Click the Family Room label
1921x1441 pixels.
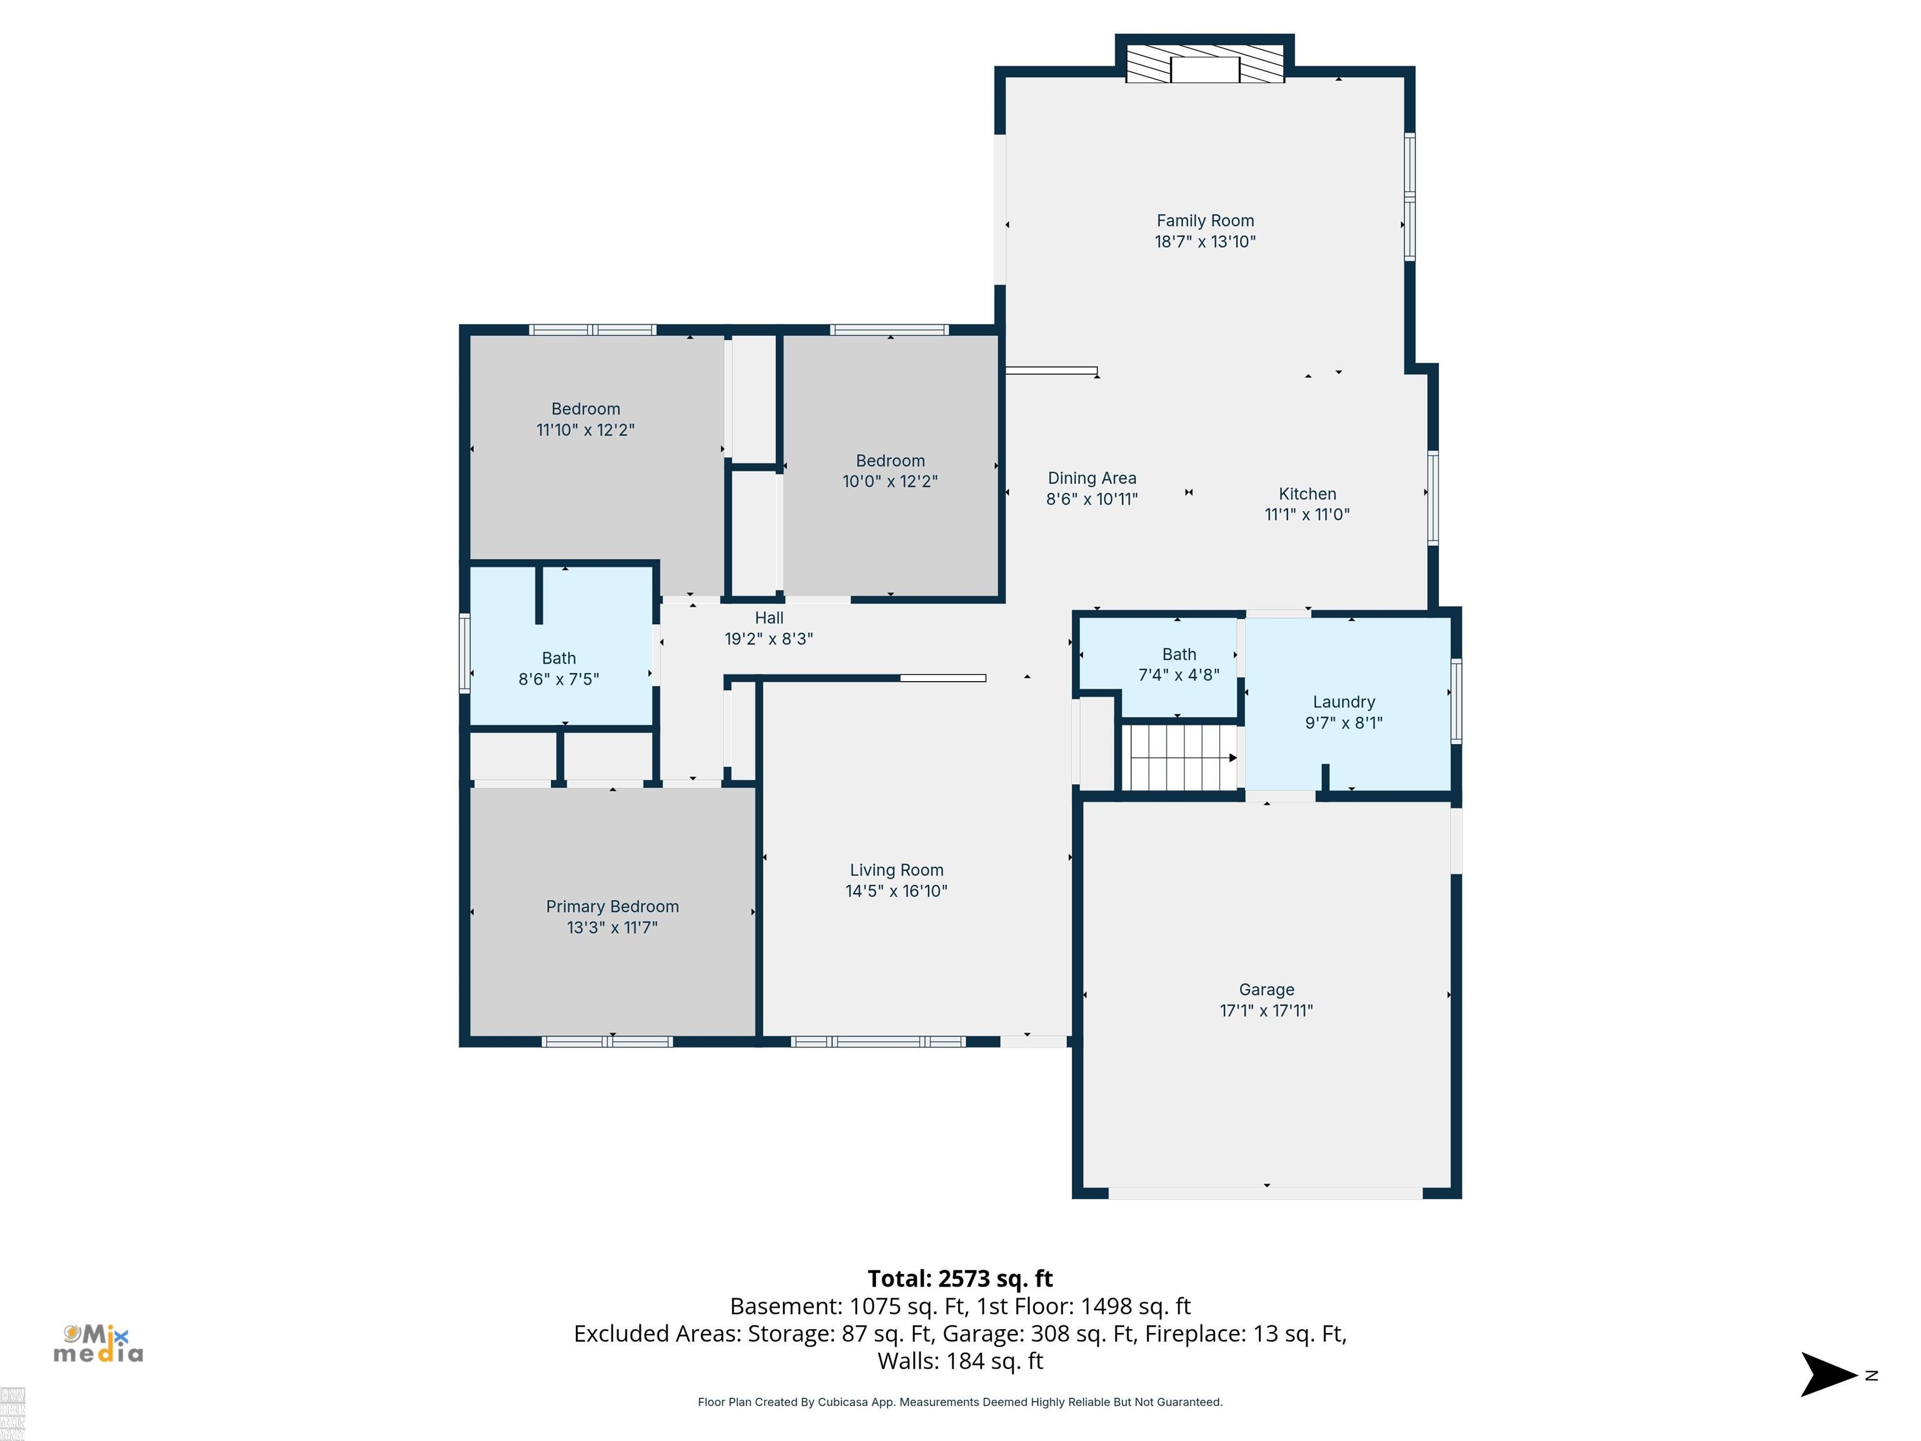1204,221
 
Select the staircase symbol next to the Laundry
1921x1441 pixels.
1180,758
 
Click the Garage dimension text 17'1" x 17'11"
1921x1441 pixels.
1266,1010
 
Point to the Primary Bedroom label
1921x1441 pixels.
612,906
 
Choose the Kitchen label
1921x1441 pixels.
1307,493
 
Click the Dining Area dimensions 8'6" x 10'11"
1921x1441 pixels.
1092,498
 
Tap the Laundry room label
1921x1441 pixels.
1343,702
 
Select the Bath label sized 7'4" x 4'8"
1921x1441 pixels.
1179,654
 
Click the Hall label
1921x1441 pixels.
769,617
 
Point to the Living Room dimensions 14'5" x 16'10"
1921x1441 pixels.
896,891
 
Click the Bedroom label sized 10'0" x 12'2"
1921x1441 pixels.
890,460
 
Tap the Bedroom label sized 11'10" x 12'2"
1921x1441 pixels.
585,408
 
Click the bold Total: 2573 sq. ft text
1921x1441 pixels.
960,1278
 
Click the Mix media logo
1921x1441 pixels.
98,1343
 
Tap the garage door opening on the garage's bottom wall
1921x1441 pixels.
1265,1193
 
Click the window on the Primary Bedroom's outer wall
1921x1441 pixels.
607,1041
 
